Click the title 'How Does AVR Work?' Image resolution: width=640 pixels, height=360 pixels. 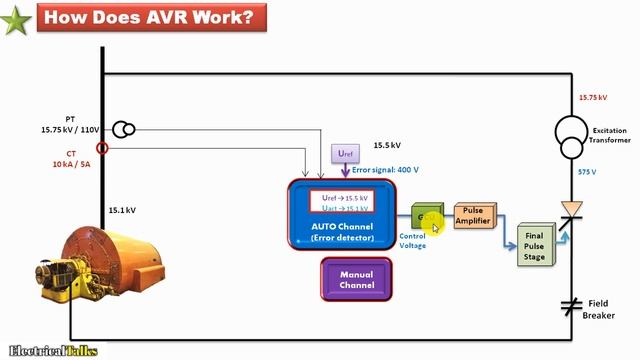144,17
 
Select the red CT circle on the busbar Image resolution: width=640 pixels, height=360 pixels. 101,148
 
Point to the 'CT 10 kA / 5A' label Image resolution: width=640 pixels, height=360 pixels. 68,160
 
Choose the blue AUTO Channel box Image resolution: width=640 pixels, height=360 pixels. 344,213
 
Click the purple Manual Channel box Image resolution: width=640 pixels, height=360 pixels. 356,279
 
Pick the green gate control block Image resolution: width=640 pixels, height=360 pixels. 426,218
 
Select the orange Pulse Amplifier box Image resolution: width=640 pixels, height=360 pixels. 474,216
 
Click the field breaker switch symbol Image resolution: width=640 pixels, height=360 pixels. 571,303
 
